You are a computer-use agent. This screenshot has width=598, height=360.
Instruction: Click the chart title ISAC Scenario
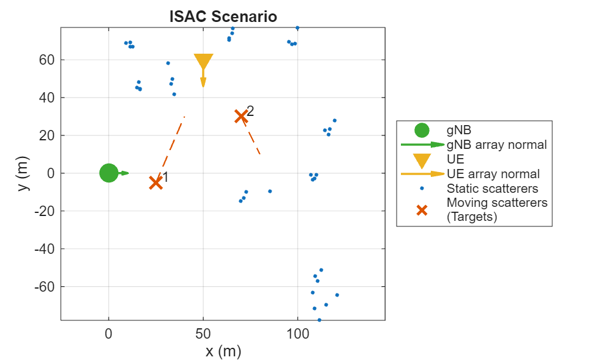point(223,17)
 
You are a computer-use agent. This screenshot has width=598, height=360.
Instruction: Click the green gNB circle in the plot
point(109,173)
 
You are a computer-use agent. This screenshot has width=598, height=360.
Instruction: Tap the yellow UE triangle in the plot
point(203,62)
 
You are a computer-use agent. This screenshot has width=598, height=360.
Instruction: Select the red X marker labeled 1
point(156,182)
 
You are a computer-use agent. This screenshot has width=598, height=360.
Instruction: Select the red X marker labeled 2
point(241,116)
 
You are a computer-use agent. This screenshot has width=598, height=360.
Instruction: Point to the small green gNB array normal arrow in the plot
point(124,173)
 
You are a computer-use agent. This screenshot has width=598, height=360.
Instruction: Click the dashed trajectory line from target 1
point(171,146)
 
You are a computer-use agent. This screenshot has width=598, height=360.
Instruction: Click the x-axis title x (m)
point(223,351)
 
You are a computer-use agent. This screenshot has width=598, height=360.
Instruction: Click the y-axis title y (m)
point(23,173)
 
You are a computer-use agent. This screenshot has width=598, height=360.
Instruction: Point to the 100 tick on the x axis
point(297,334)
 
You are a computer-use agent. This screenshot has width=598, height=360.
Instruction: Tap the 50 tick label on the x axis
point(203,334)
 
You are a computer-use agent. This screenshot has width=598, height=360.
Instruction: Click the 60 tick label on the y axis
point(48,60)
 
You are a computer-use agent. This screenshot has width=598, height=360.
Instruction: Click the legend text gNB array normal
point(496,145)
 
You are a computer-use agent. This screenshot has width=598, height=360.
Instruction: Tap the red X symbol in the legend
point(422,209)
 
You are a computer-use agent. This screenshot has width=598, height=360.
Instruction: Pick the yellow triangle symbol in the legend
point(422,160)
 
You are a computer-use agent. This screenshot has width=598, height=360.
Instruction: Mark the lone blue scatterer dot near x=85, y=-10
point(270,191)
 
